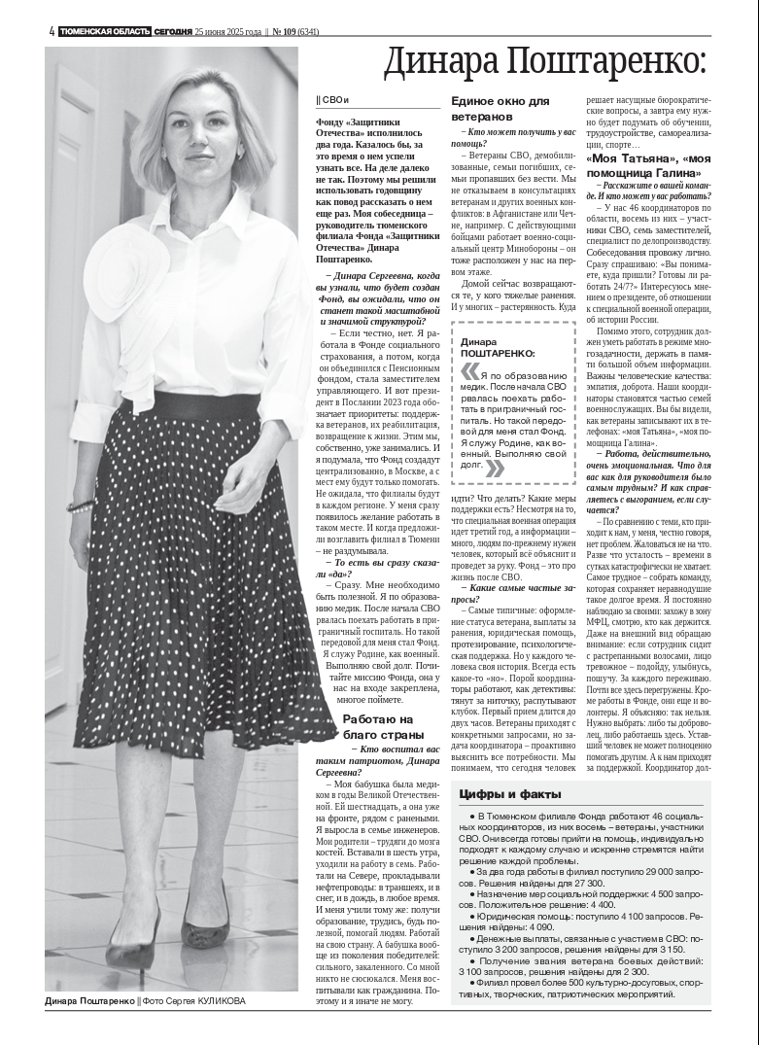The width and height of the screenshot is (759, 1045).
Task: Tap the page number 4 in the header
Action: pos(51,31)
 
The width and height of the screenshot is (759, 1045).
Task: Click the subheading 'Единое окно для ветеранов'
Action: pos(500,108)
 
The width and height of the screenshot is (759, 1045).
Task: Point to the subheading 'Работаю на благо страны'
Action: pos(378,726)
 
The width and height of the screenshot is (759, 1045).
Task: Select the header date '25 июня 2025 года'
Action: pos(228,31)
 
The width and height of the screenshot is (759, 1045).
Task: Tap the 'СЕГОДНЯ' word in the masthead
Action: pos(173,31)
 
